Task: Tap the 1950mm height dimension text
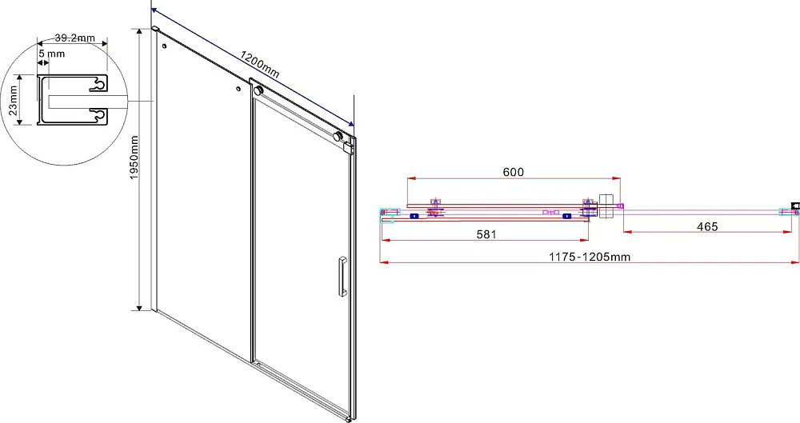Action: (x=134, y=158)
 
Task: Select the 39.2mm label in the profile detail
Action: (x=74, y=38)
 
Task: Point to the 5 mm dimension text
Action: (x=51, y=54)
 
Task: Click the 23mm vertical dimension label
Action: (x=14, y=100)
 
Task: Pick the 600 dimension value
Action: (x=514, y=172)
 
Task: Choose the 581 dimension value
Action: (x=486, y=234)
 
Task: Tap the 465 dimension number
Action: (x=707, y=226)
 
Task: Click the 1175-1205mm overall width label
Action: (x=590, y=257)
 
